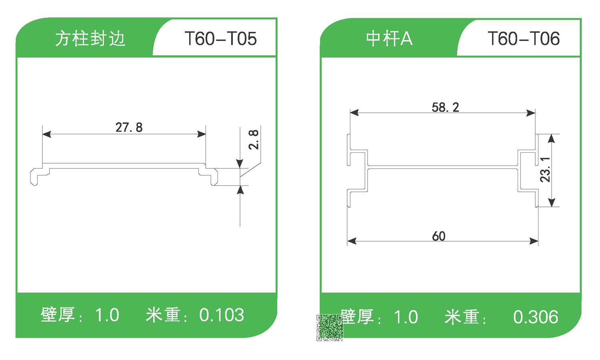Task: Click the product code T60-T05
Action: pos(220,39)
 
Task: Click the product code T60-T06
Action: pos(523,39)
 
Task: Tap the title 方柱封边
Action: pos(90,39)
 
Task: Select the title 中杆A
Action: pos(389,39)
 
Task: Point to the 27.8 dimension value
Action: pos(129,127)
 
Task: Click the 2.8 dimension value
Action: pos(254,139)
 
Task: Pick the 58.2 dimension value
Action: pos(445,107)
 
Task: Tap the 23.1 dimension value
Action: pos(545,169)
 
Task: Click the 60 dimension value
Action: pos(438,236)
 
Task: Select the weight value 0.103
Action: pos(222,315)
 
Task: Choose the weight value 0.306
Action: pos(536,317)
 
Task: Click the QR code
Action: pos(330,328)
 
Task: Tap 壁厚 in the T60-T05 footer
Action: pos(58,315)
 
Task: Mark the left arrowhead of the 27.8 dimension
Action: pos(46,134)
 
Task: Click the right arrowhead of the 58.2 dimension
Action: pos(531,113)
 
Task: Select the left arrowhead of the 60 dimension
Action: pos(352,241)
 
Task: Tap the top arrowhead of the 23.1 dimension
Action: pos(551,138)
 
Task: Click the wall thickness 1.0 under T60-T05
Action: pos(107,315)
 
